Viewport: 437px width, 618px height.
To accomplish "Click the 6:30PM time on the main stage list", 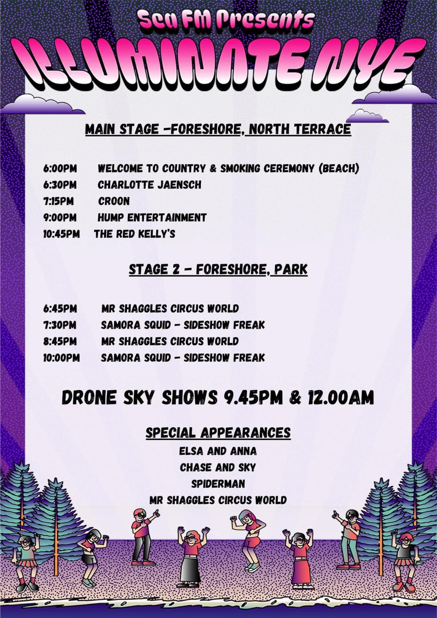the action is coord(60,185).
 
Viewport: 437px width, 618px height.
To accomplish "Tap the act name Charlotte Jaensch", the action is coord(149,185).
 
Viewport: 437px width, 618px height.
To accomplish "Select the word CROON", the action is coord(114,201).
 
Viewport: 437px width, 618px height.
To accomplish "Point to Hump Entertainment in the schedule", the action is coord(152,218).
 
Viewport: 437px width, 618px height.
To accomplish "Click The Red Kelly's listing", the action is coord(135,234).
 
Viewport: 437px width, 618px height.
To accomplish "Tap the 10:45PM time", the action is coord(61,234).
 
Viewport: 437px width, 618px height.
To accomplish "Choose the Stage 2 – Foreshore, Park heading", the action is coord(218,269).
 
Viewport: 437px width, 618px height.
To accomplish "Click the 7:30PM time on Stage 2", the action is coord(60,325).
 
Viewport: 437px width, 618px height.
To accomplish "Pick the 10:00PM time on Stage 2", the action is coord(61,358).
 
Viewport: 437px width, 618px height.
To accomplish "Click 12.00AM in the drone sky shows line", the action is coord(341,397).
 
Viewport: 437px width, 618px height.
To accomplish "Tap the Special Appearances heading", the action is coord(218,432).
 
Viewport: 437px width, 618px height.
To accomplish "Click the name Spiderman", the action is coord(218,484).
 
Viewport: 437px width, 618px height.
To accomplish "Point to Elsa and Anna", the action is coord(218,451).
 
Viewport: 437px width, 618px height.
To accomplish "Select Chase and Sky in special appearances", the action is coord(218,467).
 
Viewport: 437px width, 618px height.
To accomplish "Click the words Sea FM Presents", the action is coord(226,19).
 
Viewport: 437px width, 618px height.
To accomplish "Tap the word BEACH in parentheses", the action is coord(339,169).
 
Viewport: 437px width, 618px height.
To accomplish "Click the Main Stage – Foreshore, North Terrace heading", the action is coord(218,130).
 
